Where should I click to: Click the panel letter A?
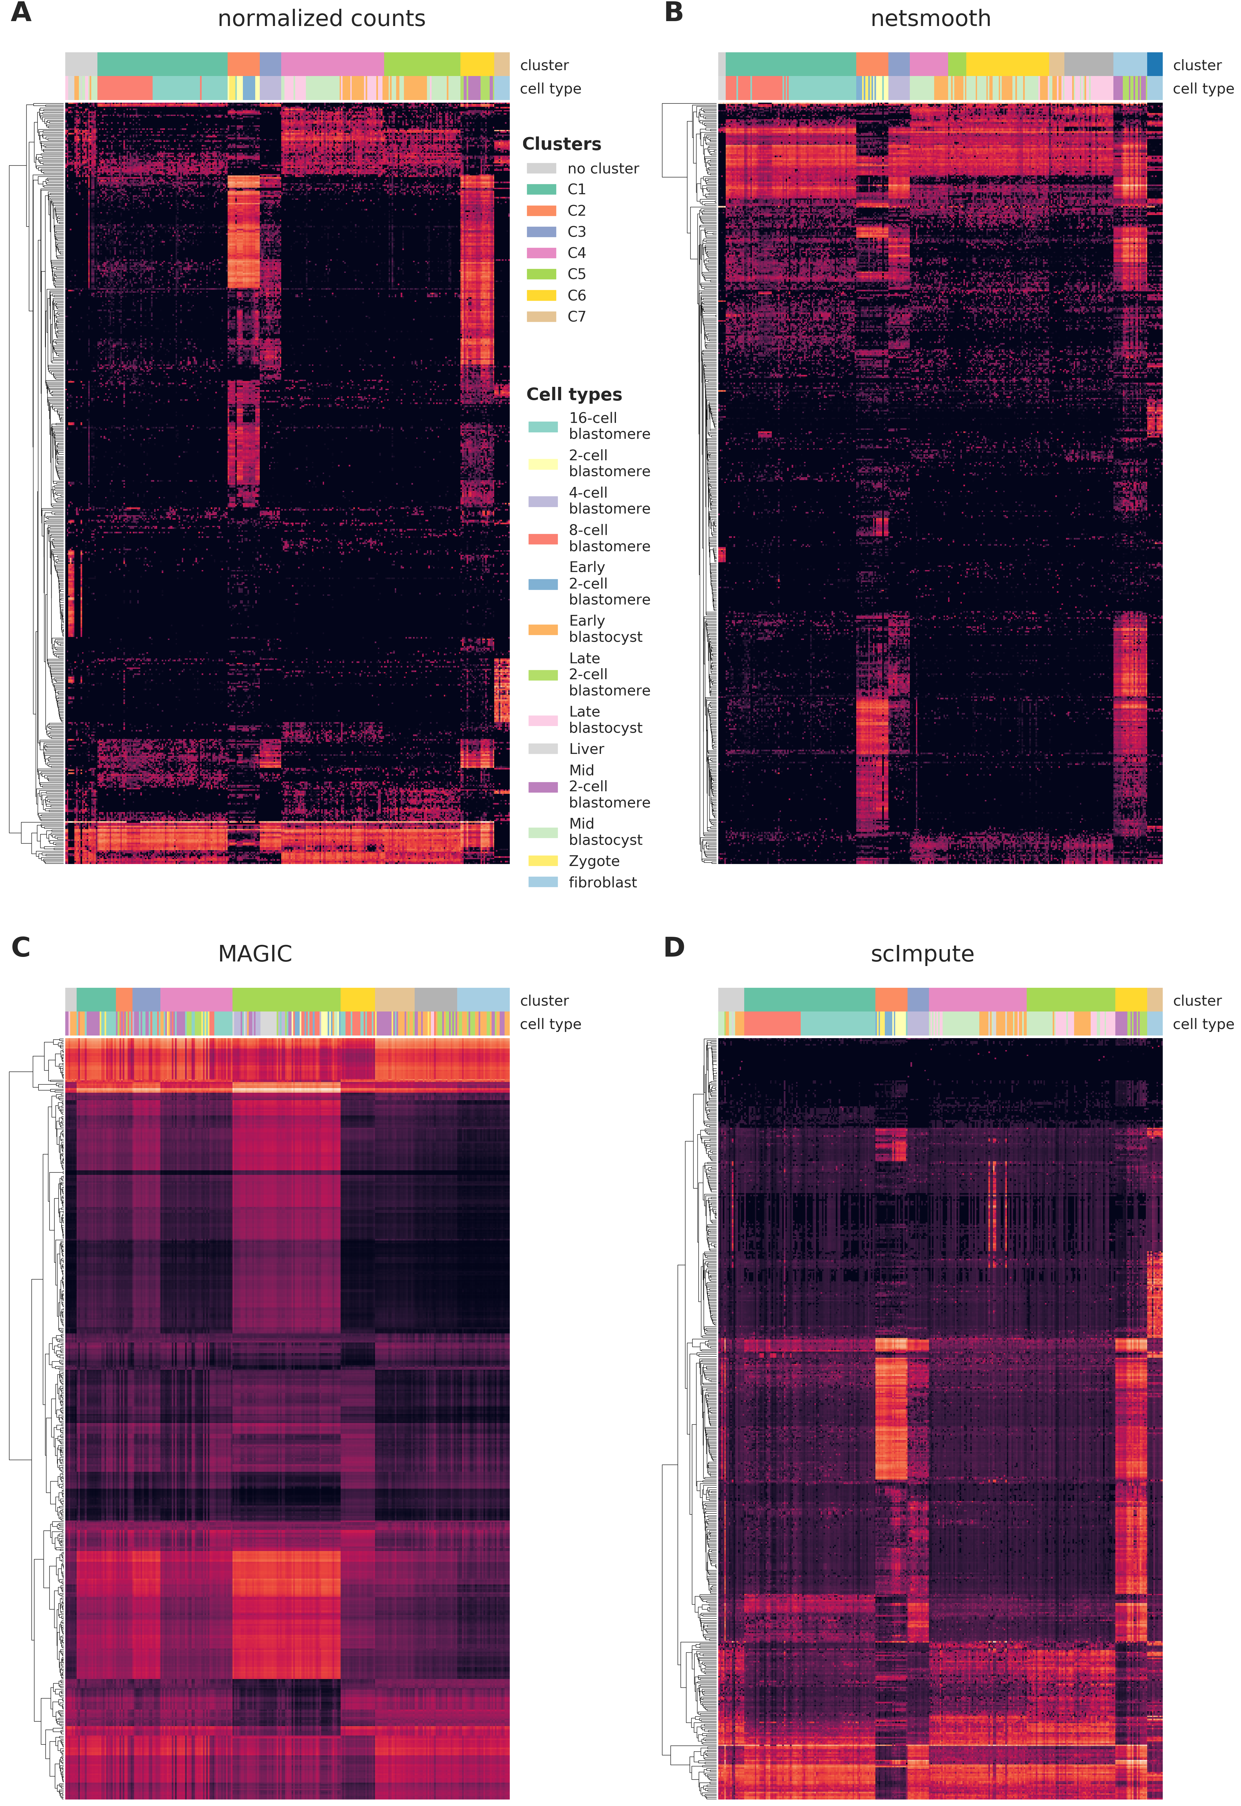tap(21, 13)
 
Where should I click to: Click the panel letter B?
tap(673, 13)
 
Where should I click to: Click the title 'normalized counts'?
tap(321, 19)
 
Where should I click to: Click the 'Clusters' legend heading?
tap(561, 144)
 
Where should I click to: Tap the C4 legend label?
tap(576, 253)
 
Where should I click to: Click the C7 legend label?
tap(576, 317)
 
